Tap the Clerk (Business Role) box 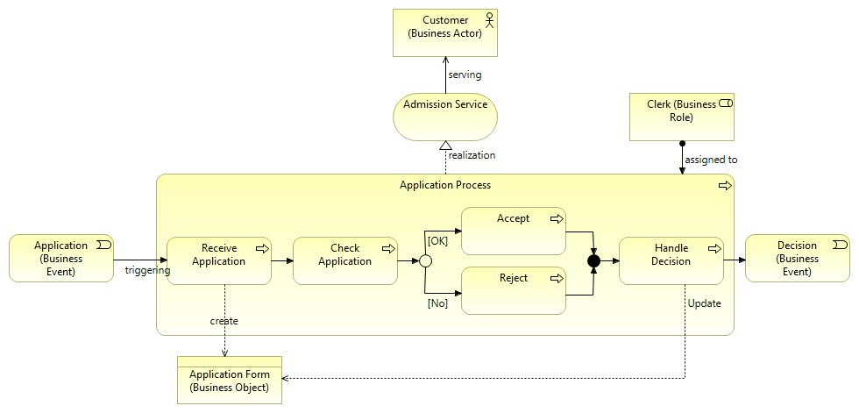point(681,117)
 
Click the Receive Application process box point(218,260)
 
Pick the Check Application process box point(344,260)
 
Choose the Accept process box point(513,231)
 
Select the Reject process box point(513,290)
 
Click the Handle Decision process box point(671,260)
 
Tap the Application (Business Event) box point(60,258)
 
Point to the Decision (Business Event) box point(797,258)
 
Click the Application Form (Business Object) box point(229,381)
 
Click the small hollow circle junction point(425,260)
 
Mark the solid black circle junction point(593,260)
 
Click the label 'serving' point(465,75)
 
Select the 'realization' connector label point(472,155)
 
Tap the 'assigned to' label point(711,160)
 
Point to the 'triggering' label point(147,271)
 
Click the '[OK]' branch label point(437,240)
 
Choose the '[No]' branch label point(437,303)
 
